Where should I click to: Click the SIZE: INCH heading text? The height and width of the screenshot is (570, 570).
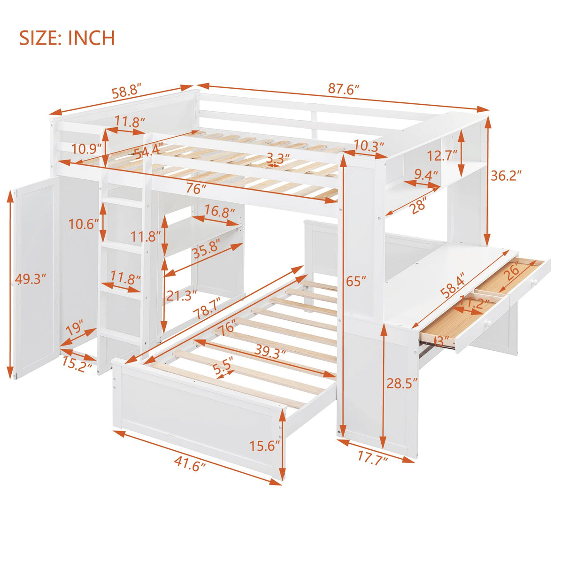[x=67, y=38]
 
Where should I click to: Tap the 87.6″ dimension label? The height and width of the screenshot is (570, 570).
[x=343, y=89]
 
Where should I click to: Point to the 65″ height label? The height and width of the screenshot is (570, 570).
[x=355, y=281]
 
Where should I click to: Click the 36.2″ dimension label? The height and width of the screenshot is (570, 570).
[x=506, y=176]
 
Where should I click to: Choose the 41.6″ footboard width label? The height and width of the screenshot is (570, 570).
[x=190, y=464]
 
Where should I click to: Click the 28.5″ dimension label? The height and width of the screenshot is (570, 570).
[x=402, y=383]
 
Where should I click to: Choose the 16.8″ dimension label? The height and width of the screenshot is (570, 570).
[x=219, y=212]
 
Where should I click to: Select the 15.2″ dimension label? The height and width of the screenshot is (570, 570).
[x=76, y=365]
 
